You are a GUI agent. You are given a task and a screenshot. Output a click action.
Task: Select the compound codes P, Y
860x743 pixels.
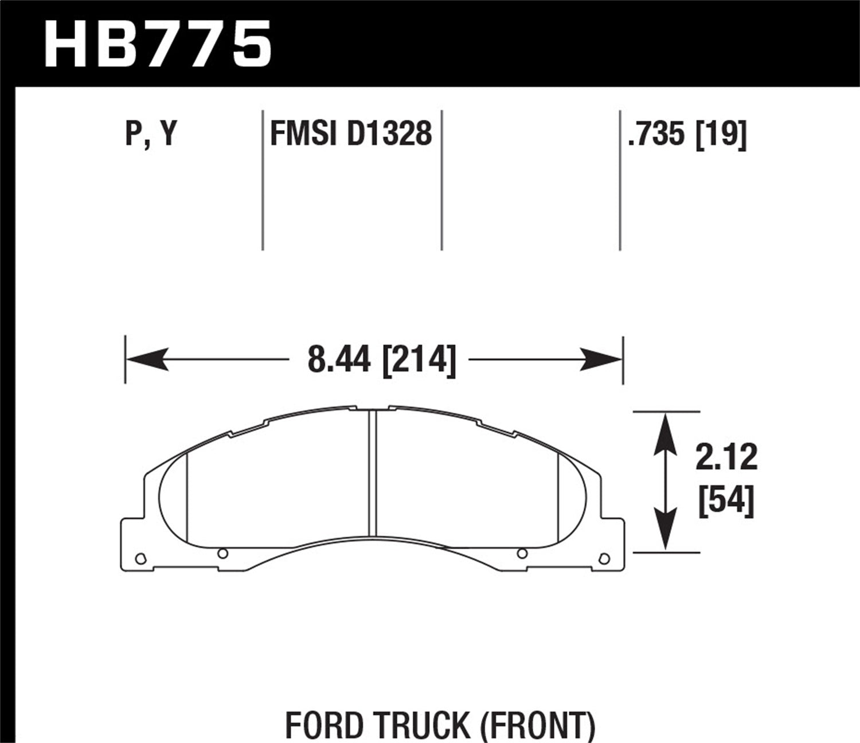[151, 134]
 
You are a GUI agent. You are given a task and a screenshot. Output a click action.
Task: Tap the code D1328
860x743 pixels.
[389, 134]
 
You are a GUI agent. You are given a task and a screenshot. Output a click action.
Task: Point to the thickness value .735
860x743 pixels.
[656, 134]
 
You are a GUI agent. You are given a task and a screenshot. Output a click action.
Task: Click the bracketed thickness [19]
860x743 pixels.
[721, 134]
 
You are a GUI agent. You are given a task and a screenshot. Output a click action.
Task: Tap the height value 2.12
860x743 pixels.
[726, 457]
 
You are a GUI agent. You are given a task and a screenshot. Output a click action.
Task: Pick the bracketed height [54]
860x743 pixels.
[726, 501]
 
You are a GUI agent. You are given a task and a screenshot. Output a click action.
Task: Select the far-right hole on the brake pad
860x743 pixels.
[603, 558]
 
